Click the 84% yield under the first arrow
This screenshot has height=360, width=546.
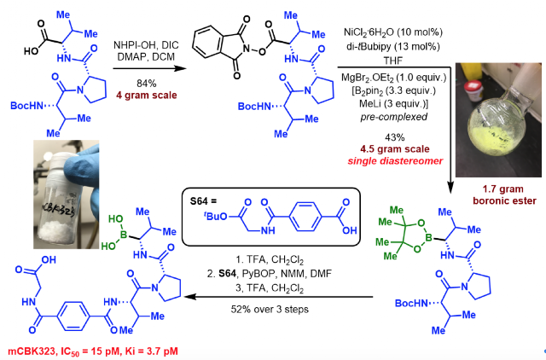coord(146,84)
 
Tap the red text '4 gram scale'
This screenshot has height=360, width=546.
coord(146,96)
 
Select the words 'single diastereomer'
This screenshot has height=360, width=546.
coord(395,161)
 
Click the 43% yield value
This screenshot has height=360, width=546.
coord(395,137)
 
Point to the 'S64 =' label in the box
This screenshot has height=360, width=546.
coord(203,200)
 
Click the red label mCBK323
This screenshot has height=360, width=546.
coord(32,351)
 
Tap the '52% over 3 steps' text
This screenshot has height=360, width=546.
coord(270,309)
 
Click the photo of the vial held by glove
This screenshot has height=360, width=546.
coord(67,195)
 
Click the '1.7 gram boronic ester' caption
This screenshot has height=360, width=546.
coord(504,195)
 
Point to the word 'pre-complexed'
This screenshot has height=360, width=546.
coord(394,117)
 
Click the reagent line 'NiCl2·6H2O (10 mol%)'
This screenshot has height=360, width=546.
coord(393,32)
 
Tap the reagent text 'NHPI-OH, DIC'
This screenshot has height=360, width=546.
coord(146,45)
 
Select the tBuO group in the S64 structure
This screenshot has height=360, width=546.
coord(216,216)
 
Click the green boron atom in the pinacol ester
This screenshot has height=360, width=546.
coord(429,238)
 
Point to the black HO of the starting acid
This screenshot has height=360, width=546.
coord(32,51)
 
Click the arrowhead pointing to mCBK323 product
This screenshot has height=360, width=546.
coord(189,297)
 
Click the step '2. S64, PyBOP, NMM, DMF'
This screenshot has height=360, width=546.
coord(270,274)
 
